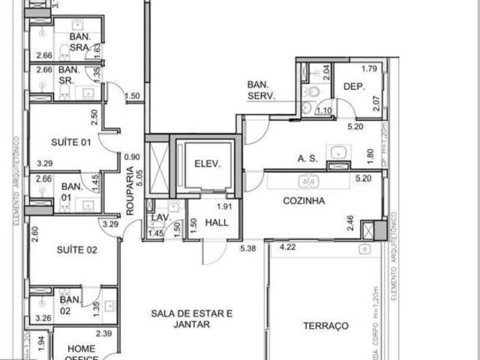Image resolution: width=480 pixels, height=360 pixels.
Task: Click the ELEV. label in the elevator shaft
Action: tap(207, 164)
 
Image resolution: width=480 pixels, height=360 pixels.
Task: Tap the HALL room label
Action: tap(218, 223)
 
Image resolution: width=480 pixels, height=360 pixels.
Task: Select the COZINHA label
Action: tap(303, 201)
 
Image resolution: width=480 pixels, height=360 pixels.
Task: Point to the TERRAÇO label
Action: tap(325, 326)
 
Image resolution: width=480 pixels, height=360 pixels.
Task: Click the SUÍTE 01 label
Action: tap(69, 142)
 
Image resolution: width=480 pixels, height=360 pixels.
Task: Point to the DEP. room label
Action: tap(354, 87)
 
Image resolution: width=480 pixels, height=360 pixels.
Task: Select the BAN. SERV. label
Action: tap(262, 90)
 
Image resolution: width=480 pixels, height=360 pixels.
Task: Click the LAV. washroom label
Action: tap(160, 219)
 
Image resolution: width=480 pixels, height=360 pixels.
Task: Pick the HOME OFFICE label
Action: tap(81, 352)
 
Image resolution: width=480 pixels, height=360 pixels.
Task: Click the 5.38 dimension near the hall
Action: tap(248, 248)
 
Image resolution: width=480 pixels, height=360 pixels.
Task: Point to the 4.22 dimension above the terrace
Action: tap(287, 246)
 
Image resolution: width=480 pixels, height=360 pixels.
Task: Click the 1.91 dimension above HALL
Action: tap(223, 206)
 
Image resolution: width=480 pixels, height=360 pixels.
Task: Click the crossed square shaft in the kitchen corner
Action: tap(370, 230)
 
